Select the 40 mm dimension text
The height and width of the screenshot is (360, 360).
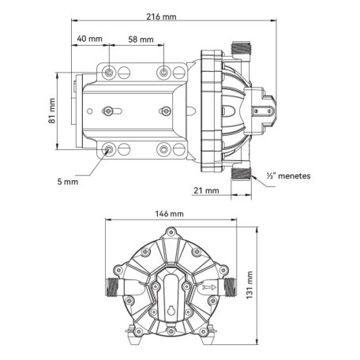tap(89, 39)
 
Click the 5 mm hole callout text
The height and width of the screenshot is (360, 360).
tap(69, 181)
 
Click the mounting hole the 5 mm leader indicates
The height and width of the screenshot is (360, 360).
tap(109, 148)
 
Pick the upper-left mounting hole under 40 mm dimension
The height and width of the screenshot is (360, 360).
tap(109, 73)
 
